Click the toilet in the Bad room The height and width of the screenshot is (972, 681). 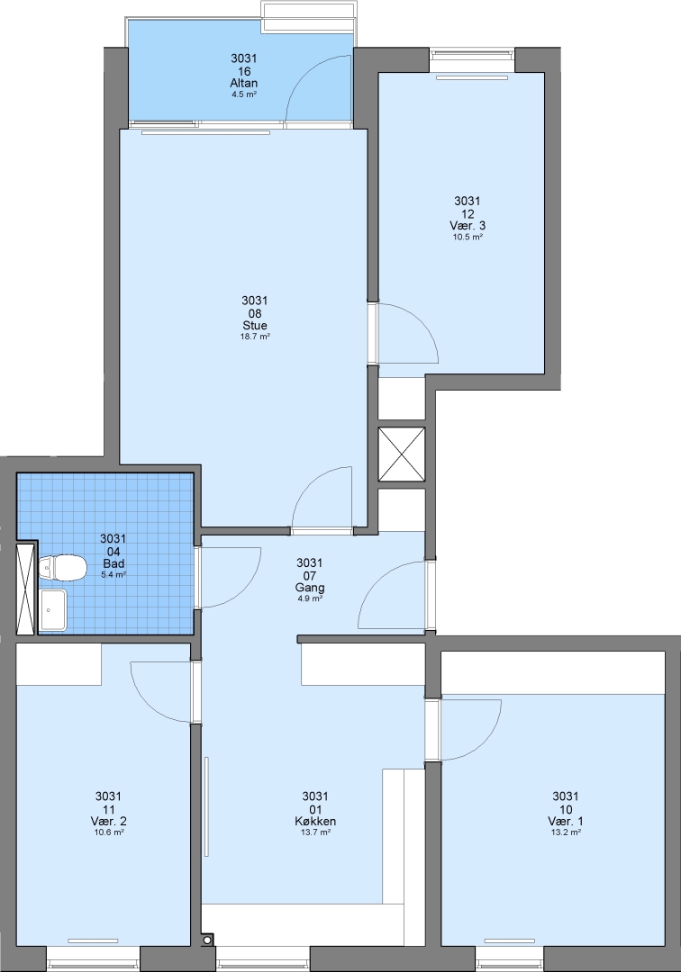click(61, 569)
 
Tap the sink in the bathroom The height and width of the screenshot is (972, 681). click(53, 610)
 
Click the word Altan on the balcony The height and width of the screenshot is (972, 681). click(244, 83)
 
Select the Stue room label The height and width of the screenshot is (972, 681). click(255, 326)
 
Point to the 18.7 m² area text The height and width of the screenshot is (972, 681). click(255, 337)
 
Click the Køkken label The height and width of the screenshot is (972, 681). click(315, 822)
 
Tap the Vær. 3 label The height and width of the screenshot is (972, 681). click(468, 226)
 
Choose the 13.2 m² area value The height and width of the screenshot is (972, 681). click(566, 832)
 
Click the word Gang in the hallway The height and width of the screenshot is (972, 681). click(310, 588)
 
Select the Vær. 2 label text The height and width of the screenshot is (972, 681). click(108, 822)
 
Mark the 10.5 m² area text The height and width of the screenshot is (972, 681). click(468, 237)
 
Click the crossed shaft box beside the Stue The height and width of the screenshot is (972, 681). click(402, 454)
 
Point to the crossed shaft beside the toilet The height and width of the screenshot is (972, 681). click(26, 589)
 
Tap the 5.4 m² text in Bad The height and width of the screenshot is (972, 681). click(113, 575)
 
